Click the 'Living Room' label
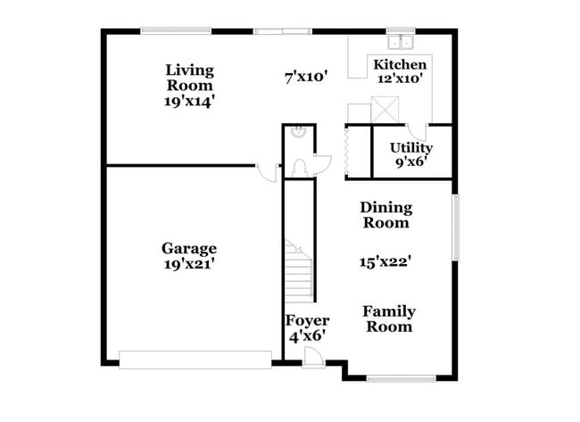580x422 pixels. point(189,77)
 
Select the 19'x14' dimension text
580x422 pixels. point(189,102)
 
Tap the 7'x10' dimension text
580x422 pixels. point(307,78)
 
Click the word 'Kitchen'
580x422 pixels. point(399,64)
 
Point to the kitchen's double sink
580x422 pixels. point(399,41)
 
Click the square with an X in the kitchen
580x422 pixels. point(385,110)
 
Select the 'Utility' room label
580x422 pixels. point(411,147)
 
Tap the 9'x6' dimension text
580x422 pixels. point(411,162)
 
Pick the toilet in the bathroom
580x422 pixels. point(301,166)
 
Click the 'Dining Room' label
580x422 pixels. point(385,215)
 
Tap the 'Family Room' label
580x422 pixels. point(388,319)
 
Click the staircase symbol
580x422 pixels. point(299,272)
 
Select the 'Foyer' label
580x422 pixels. point(306,320)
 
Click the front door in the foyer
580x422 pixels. point(313,356)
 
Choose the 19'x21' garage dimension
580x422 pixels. point(188,264)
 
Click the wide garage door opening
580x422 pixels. point(195,360)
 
